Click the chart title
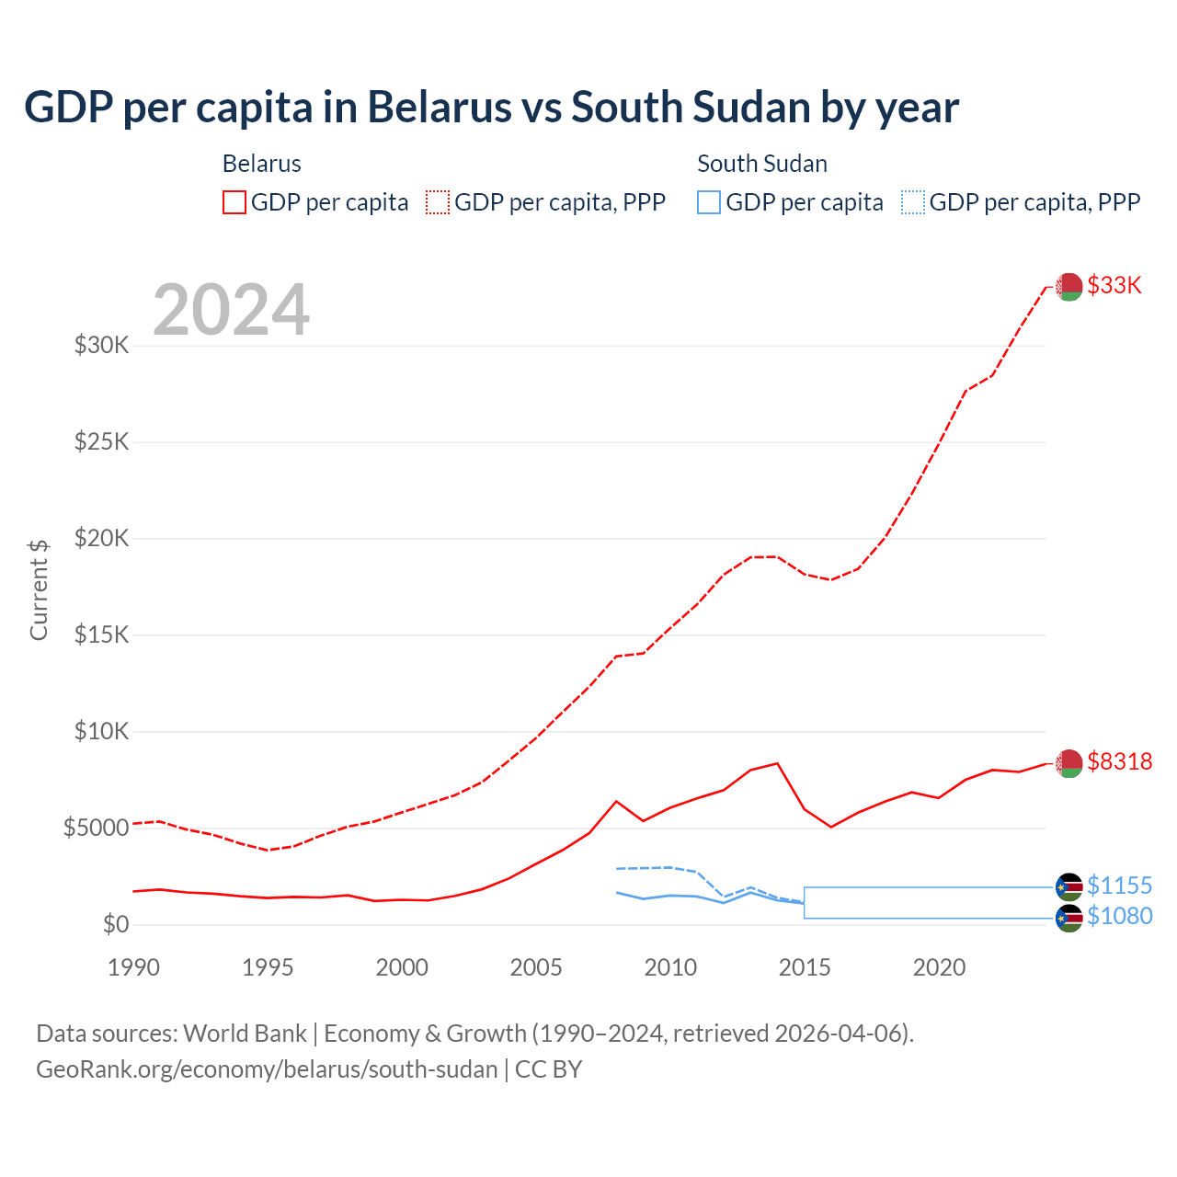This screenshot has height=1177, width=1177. [491, 108]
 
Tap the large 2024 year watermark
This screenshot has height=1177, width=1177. [231, 310]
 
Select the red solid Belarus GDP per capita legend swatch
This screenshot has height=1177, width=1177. [234, 202]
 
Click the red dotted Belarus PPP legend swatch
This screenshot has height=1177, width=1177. [438, 202]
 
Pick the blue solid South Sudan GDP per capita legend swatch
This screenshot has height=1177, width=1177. [709, 202]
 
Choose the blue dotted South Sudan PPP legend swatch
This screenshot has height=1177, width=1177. [913, 202]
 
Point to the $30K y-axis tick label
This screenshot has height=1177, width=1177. [102, 346]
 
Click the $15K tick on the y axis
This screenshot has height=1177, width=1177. [102, 635]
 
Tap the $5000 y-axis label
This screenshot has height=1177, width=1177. [96, 828]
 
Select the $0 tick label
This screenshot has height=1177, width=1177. [115, 925]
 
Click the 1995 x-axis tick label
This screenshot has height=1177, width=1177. [268, 967]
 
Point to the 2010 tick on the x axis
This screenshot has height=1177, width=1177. [670, 967]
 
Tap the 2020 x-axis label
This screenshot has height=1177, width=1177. [939, 967]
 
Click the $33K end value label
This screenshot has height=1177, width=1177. [1114, 286]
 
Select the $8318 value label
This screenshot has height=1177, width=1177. [1119, 762]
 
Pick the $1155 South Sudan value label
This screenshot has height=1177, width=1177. [1119, 886]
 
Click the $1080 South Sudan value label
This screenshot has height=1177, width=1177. [1119, 916]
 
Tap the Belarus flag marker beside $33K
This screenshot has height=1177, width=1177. [1068, 287]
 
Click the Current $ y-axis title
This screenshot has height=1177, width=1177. [39, 589]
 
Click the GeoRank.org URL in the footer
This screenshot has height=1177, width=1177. [267, 1069]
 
